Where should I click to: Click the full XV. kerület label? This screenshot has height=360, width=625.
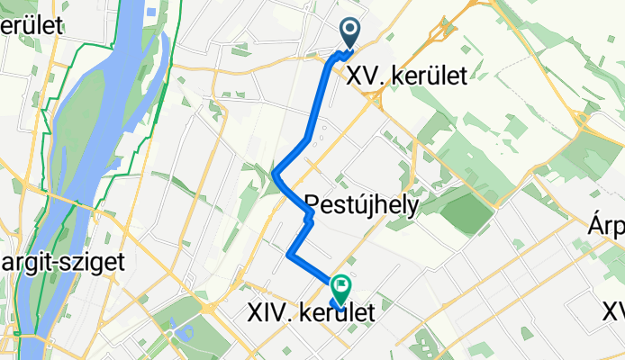[407, 76]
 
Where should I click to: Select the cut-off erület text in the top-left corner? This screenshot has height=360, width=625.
[32, 25]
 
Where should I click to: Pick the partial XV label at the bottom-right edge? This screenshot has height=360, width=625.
[613, 311]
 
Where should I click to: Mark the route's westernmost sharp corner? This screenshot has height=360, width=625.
[274, 174]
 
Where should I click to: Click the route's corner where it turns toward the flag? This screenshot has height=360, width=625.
[288, 256]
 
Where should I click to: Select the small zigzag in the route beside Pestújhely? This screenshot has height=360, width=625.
[308, 217]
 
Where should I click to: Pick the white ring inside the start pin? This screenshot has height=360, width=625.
[349, 30]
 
